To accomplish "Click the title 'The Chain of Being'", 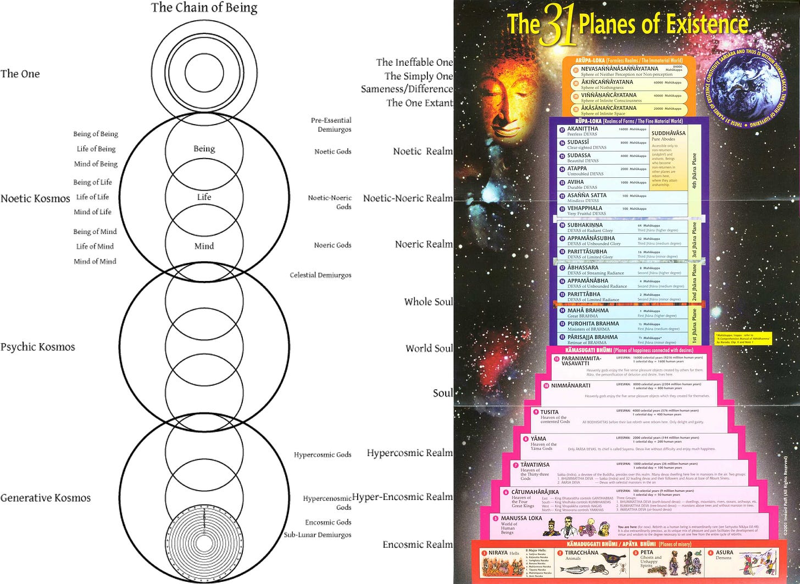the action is click(x=204, y=8).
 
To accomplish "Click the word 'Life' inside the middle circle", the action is click(x=204, y=197).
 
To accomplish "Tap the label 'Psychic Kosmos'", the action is click(x=37, y=347).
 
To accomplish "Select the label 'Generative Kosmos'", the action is click(x=45, y=498).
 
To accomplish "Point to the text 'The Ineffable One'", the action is click(x=414, y=63).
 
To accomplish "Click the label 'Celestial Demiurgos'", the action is click(x=320, y=275).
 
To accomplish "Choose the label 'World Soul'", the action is click(x=429, y=348).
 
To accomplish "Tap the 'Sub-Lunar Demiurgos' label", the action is click(x=318, y=535).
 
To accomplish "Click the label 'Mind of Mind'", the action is click(x=95, y=261).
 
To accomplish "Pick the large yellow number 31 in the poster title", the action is click(x=558, y=26).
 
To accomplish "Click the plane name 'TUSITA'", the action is click(x=549, y=412).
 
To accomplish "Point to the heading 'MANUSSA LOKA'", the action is click(x=521, y=518).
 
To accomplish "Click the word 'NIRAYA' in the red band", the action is click(x=498, y=553).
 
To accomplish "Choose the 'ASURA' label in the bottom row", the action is click(x=724, y=553).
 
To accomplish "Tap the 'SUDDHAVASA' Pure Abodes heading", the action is click(x=668, y=133).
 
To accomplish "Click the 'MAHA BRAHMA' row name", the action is click(x=588, y=311).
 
